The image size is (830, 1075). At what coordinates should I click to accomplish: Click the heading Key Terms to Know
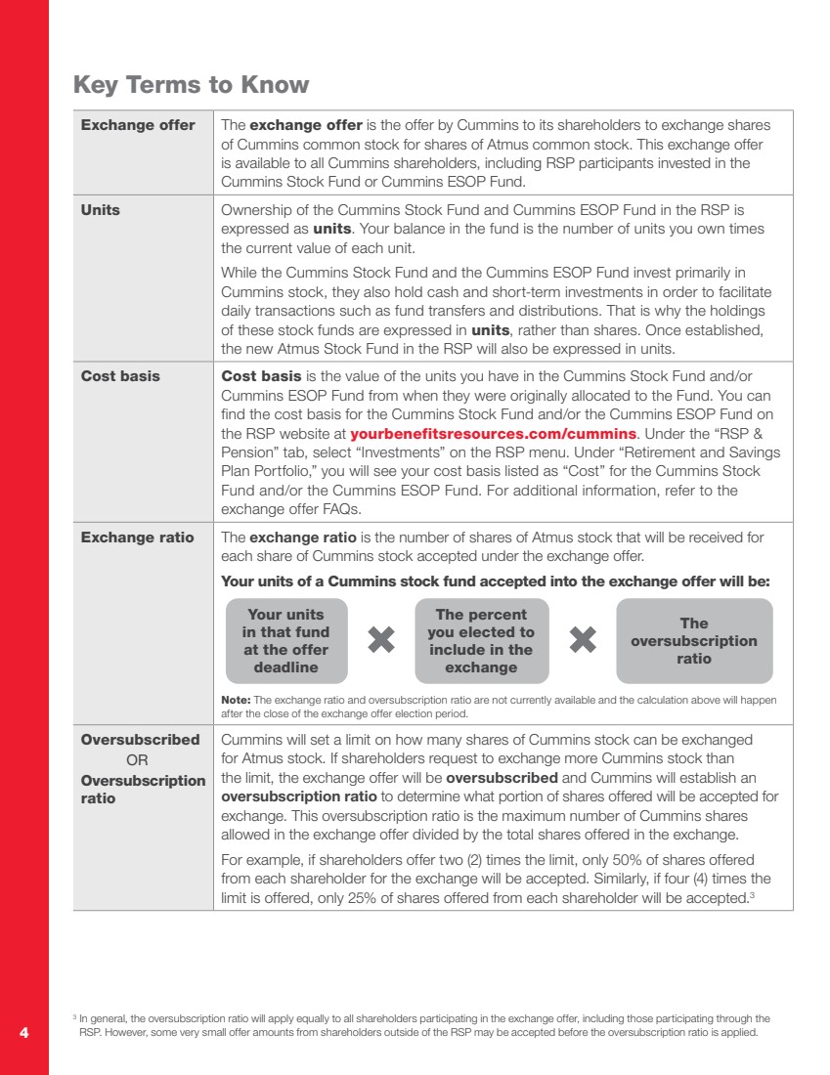point(191,85)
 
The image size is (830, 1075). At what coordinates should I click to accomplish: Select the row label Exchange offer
point(138,126)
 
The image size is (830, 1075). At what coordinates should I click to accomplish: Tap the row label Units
point(101,210)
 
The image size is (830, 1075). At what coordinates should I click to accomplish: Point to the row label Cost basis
point(120,376)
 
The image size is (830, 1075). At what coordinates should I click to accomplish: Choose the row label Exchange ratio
point(137,537)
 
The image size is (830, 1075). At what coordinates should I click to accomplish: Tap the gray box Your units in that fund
point(285,640)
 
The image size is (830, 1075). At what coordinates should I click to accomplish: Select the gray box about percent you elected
point(481,640)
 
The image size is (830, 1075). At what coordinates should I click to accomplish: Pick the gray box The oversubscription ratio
point(693,640)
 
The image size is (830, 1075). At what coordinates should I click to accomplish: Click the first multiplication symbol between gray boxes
point(382,640)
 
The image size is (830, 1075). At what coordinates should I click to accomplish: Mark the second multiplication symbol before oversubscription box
point(583,640)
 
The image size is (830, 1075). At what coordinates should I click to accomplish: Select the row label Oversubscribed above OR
point(140,740)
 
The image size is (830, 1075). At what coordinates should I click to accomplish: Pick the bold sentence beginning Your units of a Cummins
point(496,580)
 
